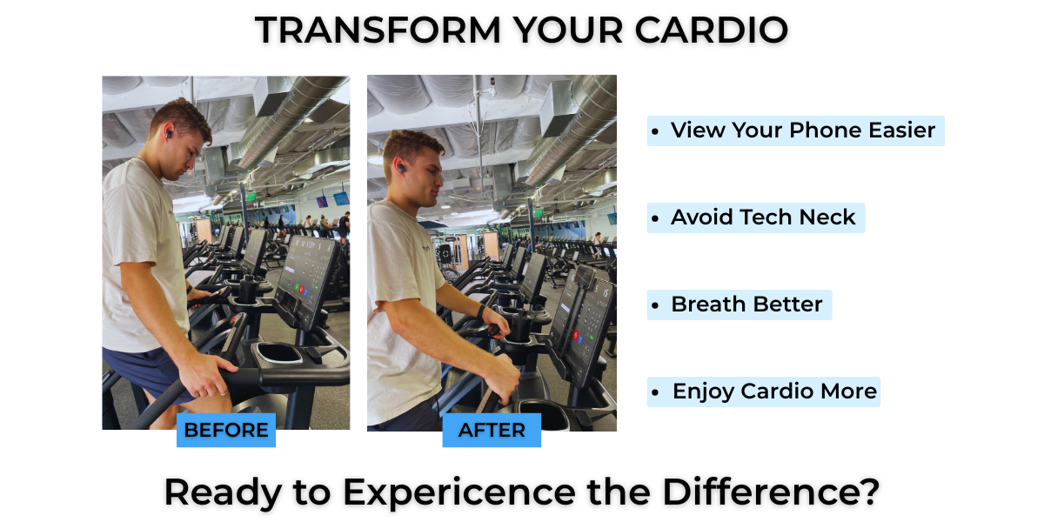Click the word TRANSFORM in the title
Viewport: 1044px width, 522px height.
tap(378, 30)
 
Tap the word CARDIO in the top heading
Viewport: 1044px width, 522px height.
tap(712, 30)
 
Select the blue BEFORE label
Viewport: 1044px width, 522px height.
tap(226, 430)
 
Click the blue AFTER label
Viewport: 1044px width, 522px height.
tap(492, 430)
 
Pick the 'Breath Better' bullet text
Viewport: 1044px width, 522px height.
tap(746, 304)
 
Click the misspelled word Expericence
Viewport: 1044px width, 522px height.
tap(459, 493)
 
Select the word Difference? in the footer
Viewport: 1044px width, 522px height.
tap(771, 492)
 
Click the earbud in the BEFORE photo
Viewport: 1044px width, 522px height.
tap(169, 134)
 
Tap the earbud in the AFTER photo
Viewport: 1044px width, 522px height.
tap(400, 167)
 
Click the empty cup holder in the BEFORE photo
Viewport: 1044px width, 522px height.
tap(278, 352)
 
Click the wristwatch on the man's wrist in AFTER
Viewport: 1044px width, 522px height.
tap(480, 311)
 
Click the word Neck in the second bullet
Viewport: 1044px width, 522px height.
tap(827, 217)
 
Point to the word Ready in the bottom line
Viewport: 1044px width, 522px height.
tap(224, 493)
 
